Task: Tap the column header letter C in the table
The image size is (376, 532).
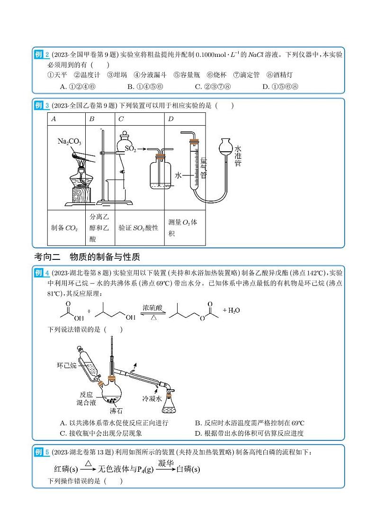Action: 121,119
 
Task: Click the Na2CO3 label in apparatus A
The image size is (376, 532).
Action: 70,141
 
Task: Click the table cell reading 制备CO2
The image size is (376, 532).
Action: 65,228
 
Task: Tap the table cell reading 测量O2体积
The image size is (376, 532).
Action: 182,228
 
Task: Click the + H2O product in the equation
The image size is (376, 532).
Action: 231,311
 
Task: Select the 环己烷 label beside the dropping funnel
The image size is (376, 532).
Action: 67,366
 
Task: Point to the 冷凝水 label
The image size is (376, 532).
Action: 152,399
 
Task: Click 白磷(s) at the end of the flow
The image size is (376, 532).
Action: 188,469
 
